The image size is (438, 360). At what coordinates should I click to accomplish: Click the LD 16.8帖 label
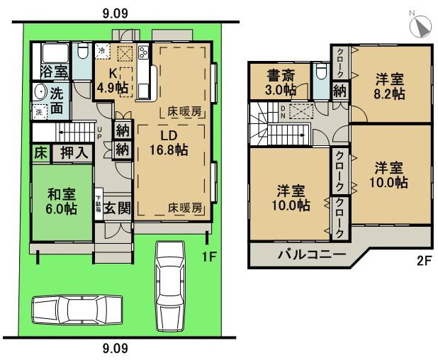point(168,142)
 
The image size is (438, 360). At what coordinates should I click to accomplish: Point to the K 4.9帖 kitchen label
point(113,80)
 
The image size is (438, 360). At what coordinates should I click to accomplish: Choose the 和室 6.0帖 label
point(61,201)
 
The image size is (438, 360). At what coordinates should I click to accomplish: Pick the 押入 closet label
point(73,152)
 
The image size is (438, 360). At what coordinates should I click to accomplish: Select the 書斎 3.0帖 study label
point(281,82)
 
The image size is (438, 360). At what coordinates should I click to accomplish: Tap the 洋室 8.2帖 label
point(390,86)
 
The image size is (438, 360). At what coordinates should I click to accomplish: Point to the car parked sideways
point(71,309)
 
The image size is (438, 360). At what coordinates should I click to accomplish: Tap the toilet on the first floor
point(82,52)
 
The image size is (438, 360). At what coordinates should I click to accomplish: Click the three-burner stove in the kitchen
point(143,52)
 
